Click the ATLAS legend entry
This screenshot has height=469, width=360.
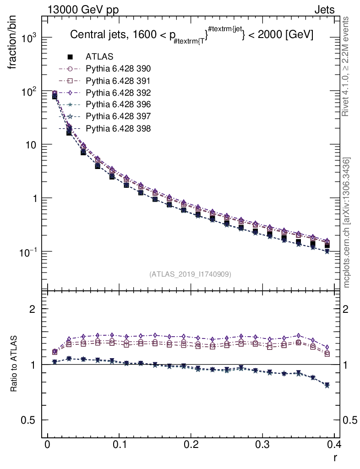click(x=99, y=57)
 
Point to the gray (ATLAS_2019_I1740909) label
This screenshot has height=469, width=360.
click(x=190, y=274)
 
